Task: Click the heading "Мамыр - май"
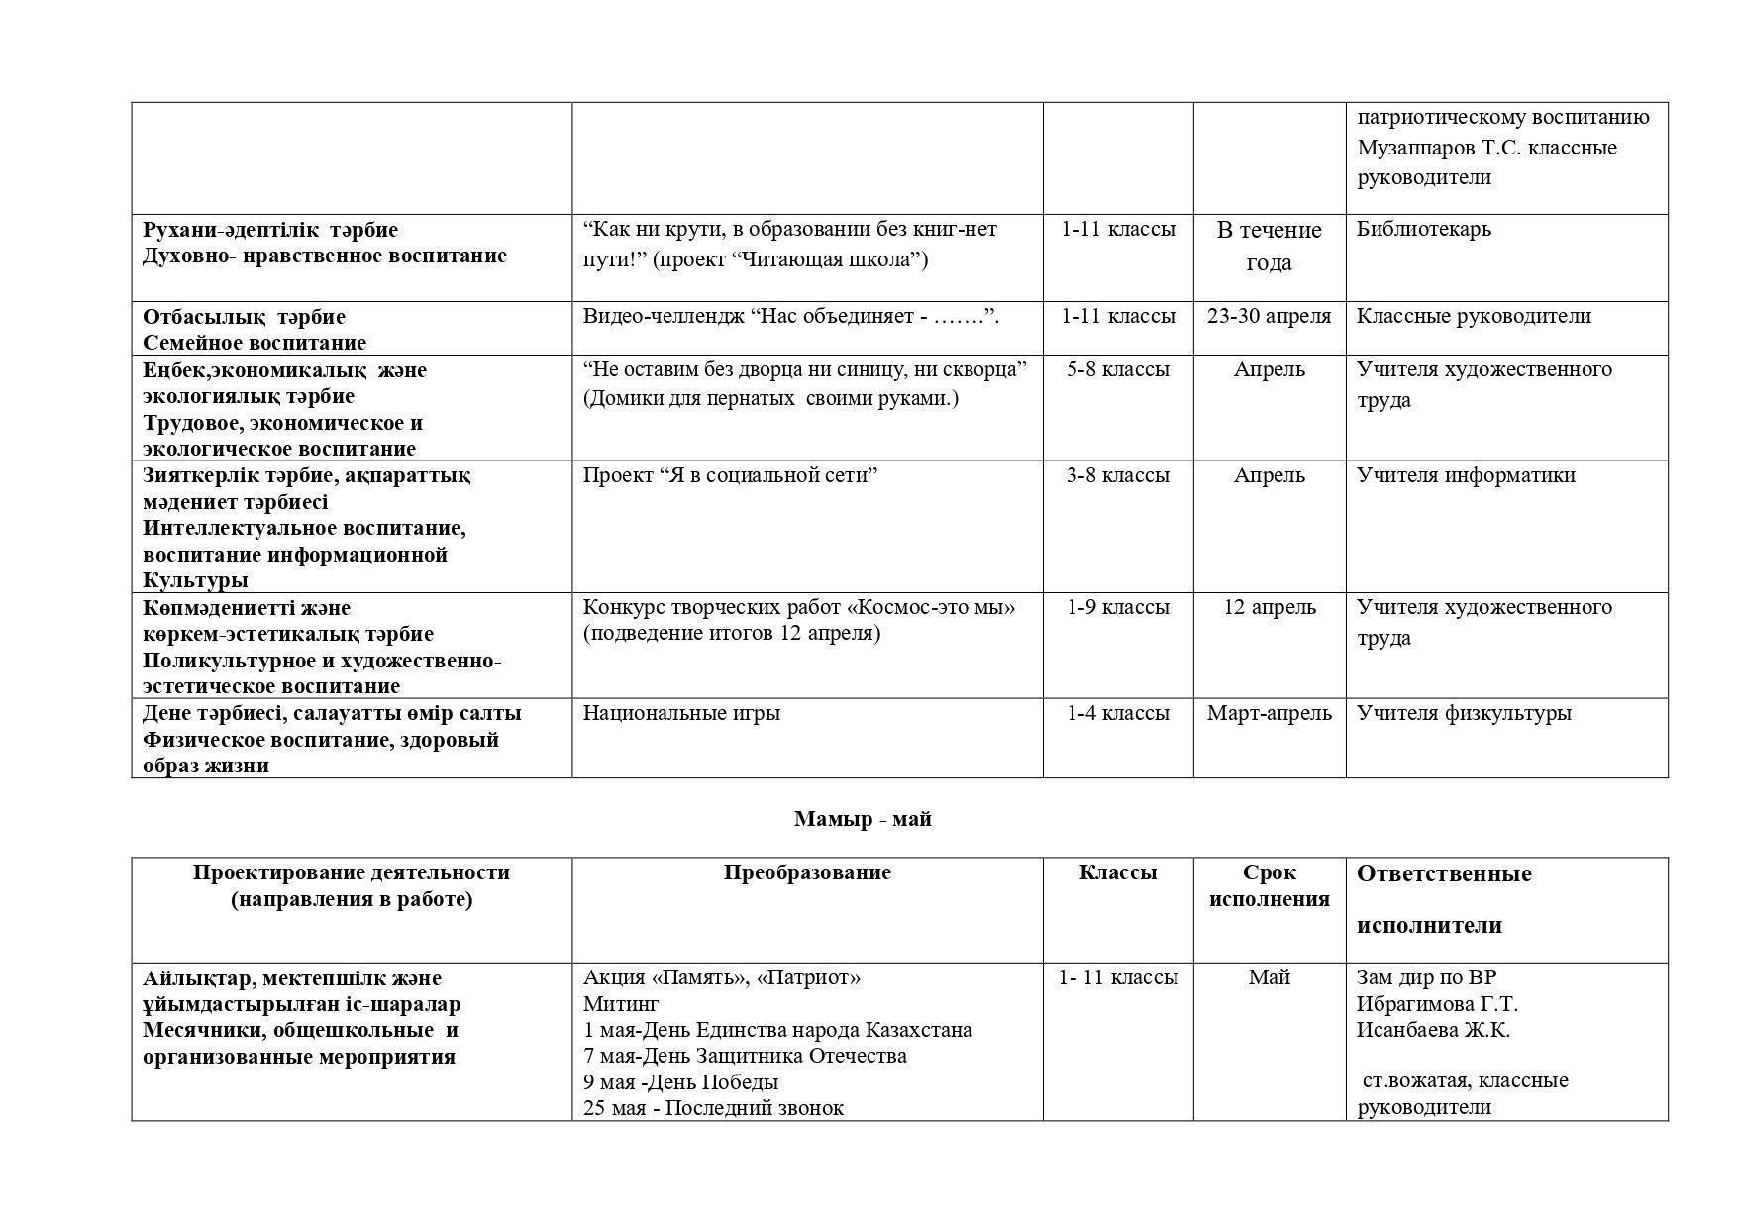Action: [862, 819]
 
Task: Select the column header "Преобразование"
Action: [806, 872]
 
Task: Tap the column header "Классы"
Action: [1117, 872]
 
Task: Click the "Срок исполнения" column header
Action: [1269, 885]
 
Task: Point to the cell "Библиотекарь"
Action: [1423, 229]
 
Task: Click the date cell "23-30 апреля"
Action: [1269, 316]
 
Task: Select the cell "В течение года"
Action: [1269, 246]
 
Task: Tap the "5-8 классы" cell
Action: [1117, 369]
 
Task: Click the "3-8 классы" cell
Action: [1117, 475]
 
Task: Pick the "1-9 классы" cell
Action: [1117, 607]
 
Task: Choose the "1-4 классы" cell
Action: [1117, 713]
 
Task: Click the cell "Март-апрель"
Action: [1269, 713]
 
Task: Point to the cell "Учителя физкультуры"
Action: [1463, 713]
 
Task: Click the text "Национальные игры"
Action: [681, 713]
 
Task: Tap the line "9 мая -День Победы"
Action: [680, 1081]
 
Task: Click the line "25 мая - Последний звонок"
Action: [713, 1107]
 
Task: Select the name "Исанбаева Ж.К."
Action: [1432, 1030]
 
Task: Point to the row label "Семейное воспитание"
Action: [255, 343]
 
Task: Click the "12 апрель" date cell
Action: [1269, 607]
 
